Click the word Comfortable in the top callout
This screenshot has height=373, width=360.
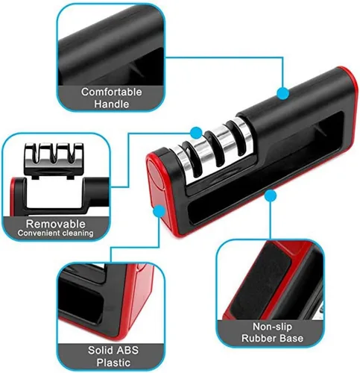click(x=112, y=92)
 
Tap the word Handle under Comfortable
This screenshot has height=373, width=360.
click(x=111, y=104)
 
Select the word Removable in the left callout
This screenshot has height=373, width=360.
click(x=56, y=224)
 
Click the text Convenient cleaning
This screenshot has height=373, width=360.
click(x=55, y=233)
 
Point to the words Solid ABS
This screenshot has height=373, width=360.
click(x=113, y=350)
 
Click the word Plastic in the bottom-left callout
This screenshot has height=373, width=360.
click(x=113, y=363)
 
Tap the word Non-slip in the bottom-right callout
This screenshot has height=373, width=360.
click(x=272, y=327)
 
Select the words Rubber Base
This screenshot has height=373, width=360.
click(x=272, y=338)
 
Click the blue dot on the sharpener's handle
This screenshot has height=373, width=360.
click(x=282, y=93)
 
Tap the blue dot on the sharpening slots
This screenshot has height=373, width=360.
click(x=196, y=133)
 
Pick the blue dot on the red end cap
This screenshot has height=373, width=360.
click(x=160, y=211)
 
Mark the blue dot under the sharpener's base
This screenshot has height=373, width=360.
click(x=271, y=196)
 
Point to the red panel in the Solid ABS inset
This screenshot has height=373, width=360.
click(x=139, y=298)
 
